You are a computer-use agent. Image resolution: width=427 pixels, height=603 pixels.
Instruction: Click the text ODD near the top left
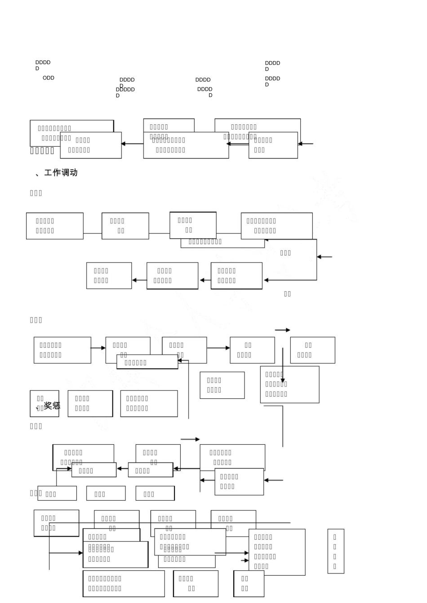point(48,78)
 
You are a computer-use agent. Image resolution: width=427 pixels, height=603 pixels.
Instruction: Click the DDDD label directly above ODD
point(43,62)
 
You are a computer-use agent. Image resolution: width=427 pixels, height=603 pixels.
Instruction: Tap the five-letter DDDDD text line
point(125,90)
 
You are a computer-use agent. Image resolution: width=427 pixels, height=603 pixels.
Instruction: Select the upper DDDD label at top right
point(272,63)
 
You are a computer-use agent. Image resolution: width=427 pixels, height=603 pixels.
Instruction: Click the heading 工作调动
point(61,173)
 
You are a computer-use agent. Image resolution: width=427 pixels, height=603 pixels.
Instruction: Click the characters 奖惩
point(52,406)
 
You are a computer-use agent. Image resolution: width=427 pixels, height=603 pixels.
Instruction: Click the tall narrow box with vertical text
point(335,551)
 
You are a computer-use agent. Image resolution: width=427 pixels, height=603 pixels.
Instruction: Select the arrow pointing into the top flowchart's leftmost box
point(132,144)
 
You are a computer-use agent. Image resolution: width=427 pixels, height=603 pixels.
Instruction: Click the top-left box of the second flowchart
point(54,226)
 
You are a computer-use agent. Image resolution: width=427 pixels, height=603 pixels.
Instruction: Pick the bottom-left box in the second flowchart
point(109,275)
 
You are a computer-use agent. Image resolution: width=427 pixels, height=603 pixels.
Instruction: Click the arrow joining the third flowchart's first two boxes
point(98,348)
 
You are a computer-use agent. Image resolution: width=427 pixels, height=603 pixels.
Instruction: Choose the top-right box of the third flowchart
point(312,350)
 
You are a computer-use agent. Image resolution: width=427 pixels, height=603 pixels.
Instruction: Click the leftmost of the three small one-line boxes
point(57,494)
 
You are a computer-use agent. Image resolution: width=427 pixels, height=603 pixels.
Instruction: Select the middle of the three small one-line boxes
point(106,494)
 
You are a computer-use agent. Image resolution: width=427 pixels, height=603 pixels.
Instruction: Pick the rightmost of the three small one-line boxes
point(155,494)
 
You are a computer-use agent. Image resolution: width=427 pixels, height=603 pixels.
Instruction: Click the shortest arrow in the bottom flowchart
point(245,560)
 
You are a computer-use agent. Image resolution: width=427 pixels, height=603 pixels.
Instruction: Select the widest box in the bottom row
point(124,584)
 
